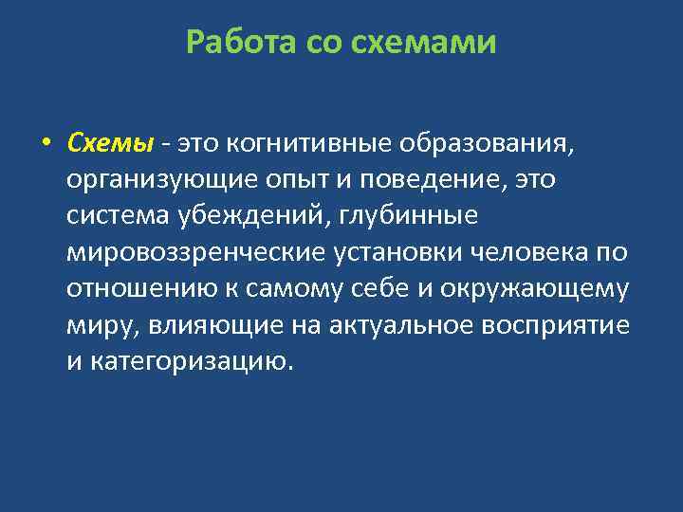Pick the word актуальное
tap(404, 325)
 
